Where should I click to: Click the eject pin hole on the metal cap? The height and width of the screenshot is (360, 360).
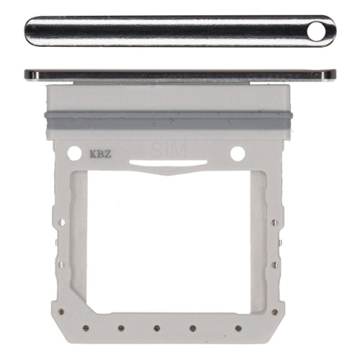pos(319,30)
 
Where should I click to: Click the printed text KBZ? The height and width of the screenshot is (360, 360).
pos(99,153)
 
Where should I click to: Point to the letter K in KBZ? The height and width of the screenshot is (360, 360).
pos(91,153)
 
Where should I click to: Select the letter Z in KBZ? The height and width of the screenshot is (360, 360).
pos(106,153)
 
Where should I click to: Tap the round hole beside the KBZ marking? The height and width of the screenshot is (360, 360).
pos(72,153)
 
